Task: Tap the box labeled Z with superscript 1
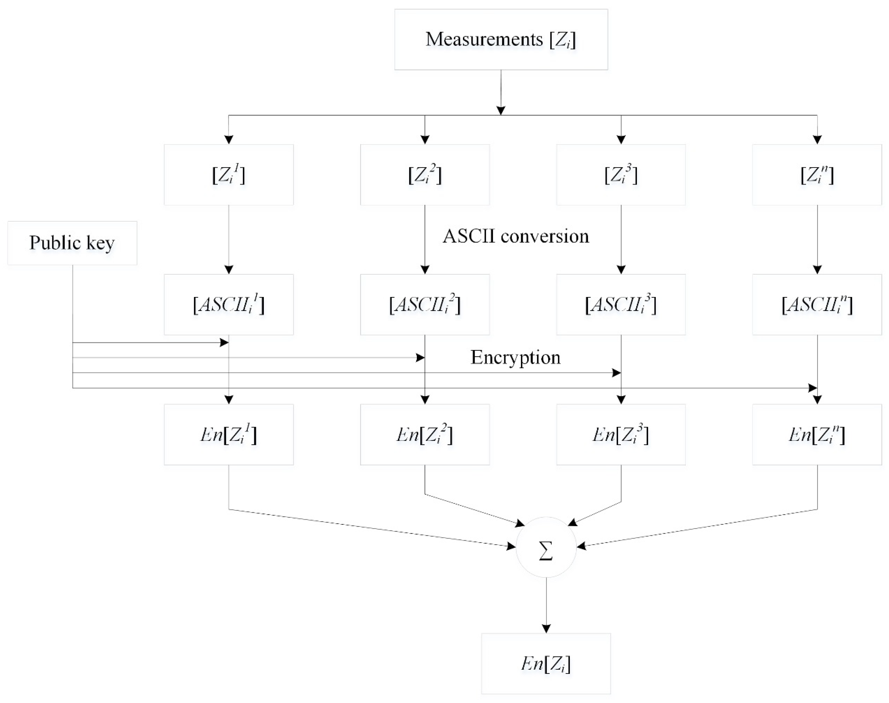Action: click(229, 175)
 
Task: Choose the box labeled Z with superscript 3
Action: click(621, 175)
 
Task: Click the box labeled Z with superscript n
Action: click(817, 175)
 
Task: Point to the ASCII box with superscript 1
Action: click(229, 305)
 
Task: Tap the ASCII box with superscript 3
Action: click(621, 305)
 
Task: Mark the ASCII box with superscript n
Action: click(817, 305)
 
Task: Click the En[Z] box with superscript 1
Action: click(229, 435)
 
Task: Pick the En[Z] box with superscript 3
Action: click(621, 435)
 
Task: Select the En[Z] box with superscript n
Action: click(817, 435)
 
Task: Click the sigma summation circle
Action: click(546, 547)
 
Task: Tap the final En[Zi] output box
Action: click(546, 664)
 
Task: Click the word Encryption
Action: click(515, 357)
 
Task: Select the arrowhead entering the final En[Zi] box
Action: click(546, 629)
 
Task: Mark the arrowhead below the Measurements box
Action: click(501, 110)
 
